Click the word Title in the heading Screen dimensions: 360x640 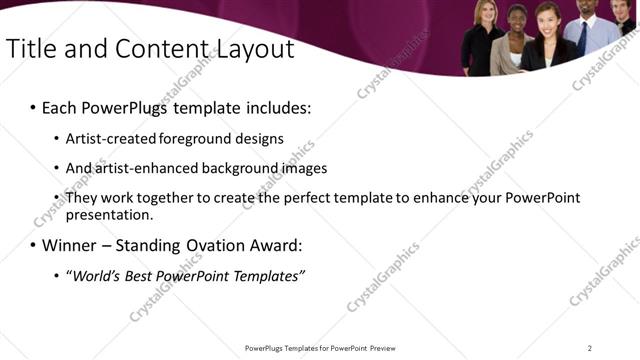31,49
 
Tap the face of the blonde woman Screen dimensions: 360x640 485,15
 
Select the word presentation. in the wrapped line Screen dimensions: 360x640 109,214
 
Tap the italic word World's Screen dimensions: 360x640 97,275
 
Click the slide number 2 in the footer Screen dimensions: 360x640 590,348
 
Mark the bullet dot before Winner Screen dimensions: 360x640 33,245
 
